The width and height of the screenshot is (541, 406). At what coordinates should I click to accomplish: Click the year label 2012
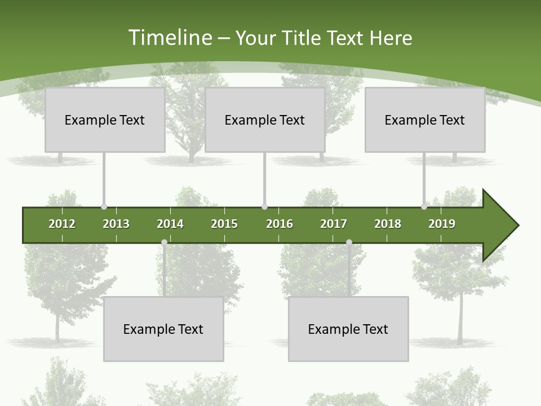pos(62,224)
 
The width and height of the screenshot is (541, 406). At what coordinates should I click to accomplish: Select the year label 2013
pos(116,224)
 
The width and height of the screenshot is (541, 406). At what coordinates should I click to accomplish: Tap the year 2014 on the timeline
pos(170,224)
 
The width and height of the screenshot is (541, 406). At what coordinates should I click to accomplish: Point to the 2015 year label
pos(224,224)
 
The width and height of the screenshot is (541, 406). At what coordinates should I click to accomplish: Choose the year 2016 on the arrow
pos(280,224)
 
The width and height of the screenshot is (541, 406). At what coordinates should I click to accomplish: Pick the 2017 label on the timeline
pos(334,224)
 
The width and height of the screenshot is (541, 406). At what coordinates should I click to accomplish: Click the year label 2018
pos(388,224)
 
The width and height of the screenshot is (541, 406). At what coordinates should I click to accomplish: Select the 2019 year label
pos(442,224)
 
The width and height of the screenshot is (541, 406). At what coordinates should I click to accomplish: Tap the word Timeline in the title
pos(169,38)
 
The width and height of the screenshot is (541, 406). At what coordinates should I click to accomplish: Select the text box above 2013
pos(105,120)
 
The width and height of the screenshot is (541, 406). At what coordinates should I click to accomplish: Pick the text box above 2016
pos(265,120)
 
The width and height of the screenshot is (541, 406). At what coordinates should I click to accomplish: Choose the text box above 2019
pos(425,120)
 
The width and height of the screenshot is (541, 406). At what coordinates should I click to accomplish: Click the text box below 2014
pos(163,329)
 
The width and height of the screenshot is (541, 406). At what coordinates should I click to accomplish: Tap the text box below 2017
pos(348,329)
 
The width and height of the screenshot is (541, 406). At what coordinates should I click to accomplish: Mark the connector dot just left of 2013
pos(104,207)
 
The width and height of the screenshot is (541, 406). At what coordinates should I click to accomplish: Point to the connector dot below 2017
pos(349,242)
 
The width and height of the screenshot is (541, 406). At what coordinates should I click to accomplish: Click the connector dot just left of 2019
pos(424,207)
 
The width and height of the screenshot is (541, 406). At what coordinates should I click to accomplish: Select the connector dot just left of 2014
pos(164,242)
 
